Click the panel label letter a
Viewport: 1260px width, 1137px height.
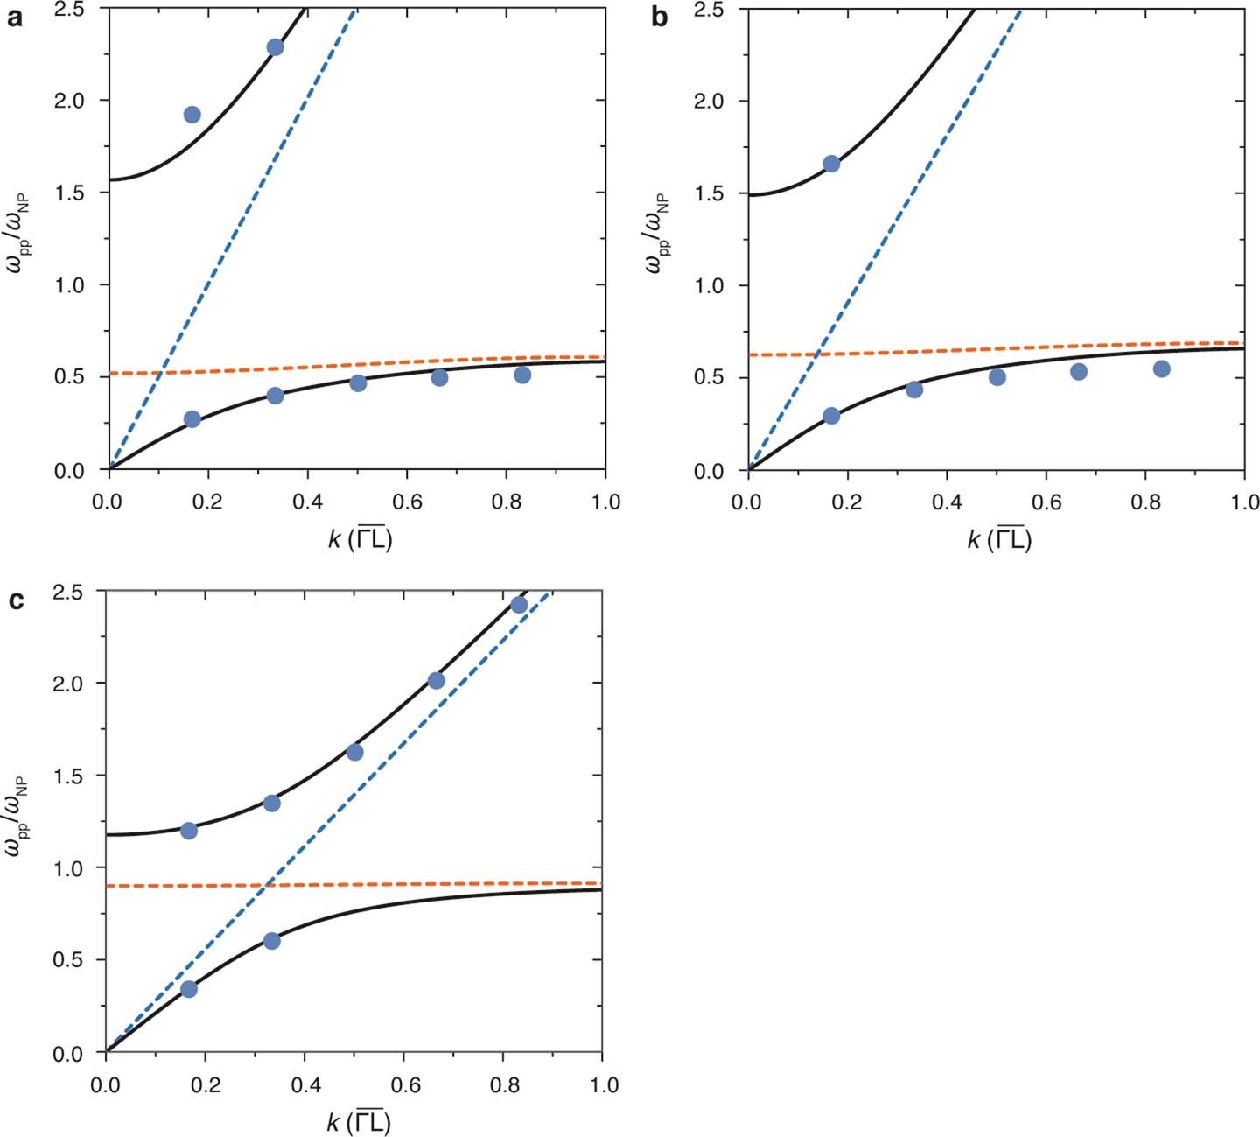click(x=14, y=18)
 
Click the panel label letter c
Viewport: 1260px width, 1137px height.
click(x=15, y=601)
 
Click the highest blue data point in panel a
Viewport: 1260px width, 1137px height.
click(x=275, y=47)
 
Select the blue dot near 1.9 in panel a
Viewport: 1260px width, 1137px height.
click(x=192, y=115)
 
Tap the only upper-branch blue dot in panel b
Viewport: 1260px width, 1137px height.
click(x=831, y=164)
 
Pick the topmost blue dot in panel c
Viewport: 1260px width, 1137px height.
click(x=519, y=605)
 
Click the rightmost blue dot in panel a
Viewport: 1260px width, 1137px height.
click(x=522, y=375)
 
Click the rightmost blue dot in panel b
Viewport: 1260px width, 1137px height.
click(x=1162, y=368)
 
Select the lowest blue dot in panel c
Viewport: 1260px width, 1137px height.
click(x=188, y=989)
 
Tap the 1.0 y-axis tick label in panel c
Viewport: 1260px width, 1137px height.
click(x=73, y=868)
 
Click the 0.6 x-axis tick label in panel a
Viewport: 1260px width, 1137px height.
click(x=406, y=502)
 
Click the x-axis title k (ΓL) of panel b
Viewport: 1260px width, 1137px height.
click(x=999, y=539)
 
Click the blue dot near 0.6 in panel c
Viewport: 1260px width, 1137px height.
click(x=271, y=941)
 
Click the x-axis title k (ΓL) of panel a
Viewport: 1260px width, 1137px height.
click(x=360, y=539)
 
